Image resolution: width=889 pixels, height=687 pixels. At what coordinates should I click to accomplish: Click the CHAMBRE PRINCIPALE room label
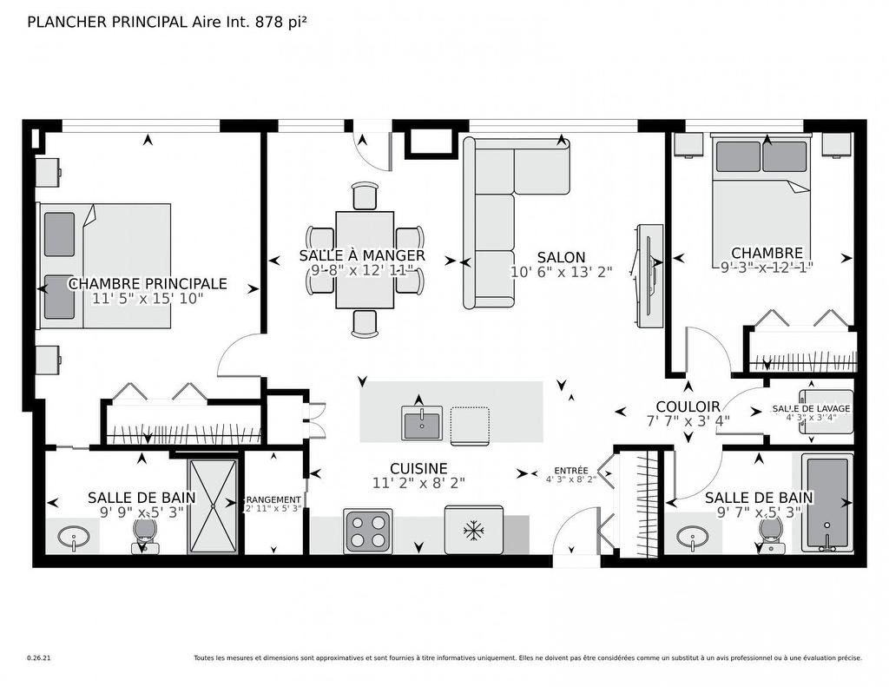coord(148,284)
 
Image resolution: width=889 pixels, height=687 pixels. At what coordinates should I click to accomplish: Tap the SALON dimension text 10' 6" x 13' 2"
coord(561,271)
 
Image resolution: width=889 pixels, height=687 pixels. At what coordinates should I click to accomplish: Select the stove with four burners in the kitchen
coord(367,530)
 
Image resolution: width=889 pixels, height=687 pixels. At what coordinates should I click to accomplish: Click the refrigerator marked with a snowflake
coord(473,529)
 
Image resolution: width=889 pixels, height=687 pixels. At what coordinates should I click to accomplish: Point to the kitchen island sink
coord(422,423)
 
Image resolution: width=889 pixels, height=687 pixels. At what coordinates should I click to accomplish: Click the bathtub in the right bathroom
coord(827,502)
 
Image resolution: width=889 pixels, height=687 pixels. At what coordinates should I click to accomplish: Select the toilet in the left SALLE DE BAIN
coord(144,533)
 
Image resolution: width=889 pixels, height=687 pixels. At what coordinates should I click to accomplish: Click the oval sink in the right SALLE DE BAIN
coord(693,535)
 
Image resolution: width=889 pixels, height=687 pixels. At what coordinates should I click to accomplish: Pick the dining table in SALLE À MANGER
coord(365,260)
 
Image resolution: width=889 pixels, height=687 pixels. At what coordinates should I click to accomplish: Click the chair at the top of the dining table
coord(365,195)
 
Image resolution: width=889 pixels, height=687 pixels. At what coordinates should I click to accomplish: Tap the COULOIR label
coord(688,406)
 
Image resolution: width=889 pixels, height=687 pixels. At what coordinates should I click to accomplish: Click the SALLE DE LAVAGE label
coord(811,408)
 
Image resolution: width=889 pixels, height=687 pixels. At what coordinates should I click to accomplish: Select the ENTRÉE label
coord(570,471)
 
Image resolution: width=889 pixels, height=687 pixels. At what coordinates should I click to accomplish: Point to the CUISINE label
coord(418,468)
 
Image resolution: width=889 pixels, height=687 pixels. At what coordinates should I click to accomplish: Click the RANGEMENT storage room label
coord(273,500)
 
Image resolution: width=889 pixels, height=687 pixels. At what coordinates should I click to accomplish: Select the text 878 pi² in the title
coord(280,23)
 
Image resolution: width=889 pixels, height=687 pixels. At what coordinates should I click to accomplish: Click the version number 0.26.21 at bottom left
coord(39,658)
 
